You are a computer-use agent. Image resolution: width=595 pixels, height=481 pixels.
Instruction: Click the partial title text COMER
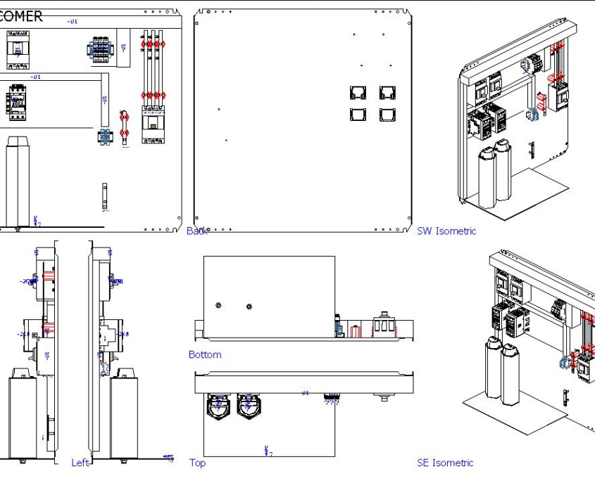pyautogui.click(x=21, y=16)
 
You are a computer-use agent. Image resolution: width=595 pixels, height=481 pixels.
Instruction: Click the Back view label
pyautogui.click(x=196, y=231)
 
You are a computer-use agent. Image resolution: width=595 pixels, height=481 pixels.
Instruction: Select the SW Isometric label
pyautogui.click(x=446, y=231)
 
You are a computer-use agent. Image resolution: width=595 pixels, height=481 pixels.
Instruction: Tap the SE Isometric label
pyautogui.click(x=445, y=463)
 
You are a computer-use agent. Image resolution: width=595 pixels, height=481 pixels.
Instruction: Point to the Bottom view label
pyautogui.click(x=205, y=355)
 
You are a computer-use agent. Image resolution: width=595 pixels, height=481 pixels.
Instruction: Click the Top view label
pyautogui.click(x=198, y=463)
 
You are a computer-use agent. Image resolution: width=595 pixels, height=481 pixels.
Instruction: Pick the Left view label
pyautogui.click(x=80, y=463)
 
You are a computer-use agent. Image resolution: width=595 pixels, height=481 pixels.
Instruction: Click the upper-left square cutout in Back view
pyautogui.click(x=358, y=94)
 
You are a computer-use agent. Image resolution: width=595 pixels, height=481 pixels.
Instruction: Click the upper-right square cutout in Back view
pyautogui.click(x=387, y=94)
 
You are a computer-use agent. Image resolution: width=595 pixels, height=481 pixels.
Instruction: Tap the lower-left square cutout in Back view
pyautogui.click(x=358, y=115)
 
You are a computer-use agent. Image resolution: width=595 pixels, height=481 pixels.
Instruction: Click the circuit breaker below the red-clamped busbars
pyautogui.click(x=153, y=126)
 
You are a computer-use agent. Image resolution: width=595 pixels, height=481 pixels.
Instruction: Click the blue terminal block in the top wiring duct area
pyautogui.click(x=101, y=50)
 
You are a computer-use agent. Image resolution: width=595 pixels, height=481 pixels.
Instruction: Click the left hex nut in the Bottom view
pyautogui.click(x=219, y=305)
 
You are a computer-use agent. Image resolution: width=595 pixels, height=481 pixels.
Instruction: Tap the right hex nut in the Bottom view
pyautogui.click(x=249, y=306)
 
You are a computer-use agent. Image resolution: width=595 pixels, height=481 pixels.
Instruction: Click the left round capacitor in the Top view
pyautogui.click(x=218, y=406)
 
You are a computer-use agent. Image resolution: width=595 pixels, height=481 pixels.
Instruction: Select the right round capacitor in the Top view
pyautogui.click(x=249, y=406)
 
